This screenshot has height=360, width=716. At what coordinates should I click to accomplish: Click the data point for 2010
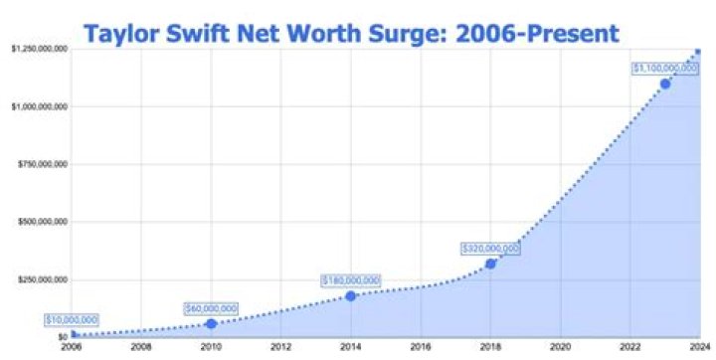coord(211,323)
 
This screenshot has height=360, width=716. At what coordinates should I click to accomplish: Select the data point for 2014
coord(351,295)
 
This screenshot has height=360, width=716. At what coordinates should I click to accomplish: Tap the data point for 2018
coord(490,263)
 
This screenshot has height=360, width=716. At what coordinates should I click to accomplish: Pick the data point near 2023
coord(664,84)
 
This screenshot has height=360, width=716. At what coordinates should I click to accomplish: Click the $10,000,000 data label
coord(72,319)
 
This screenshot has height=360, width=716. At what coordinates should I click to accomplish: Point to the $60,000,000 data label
coord(211,308)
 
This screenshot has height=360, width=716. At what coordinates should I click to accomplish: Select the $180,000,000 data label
coord(351,280)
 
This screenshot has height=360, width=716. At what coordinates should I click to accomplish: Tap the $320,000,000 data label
coord(490,248)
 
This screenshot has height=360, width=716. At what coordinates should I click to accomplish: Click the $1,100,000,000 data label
coord(664,68)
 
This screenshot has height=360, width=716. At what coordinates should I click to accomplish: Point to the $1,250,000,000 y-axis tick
coord(38,48)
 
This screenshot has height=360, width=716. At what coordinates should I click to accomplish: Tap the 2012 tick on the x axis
coord(280,347)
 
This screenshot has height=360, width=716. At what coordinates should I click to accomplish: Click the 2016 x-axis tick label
coord(421,347)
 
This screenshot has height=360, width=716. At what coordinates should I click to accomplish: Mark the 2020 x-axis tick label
coord(560,347)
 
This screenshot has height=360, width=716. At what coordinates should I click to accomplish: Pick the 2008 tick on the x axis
coord(141,347)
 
